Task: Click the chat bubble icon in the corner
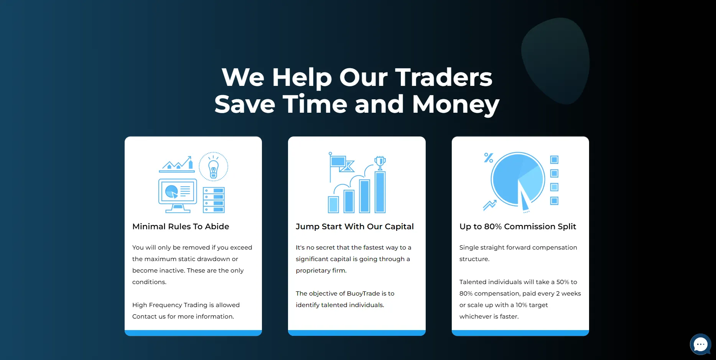click(700, 344)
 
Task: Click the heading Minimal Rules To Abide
click(181, 227)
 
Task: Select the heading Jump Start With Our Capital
click(355, 227)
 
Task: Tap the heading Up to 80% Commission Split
click(518, 227)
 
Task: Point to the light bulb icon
click(213, 167)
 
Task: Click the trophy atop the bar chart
click(380, 162)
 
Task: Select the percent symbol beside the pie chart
click(488, 158)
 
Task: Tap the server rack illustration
click(214, 200)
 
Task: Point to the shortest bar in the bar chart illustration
click(334, 204)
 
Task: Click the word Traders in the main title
click(443, 77)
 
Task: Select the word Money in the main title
click(456, 104)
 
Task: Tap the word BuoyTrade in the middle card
click(364, 293)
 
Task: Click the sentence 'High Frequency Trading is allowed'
click(186, 305)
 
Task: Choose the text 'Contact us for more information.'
click(183, 316)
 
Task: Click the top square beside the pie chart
click(554, 159)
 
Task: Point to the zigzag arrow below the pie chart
click(490, 205)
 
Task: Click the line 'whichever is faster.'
click(489, 316)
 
